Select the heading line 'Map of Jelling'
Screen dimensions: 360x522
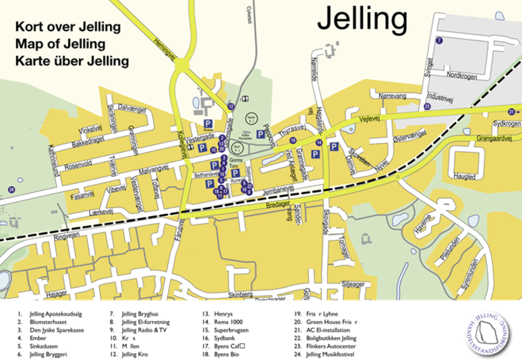click(60, 44)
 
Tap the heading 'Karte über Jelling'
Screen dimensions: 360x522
click(72, 61)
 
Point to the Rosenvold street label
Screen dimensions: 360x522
click(79, 164)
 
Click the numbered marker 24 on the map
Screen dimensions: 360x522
click(11, 189)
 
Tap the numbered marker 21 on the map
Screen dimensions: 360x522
click(511, 112)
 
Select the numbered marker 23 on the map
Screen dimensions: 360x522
click(427, 106)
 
